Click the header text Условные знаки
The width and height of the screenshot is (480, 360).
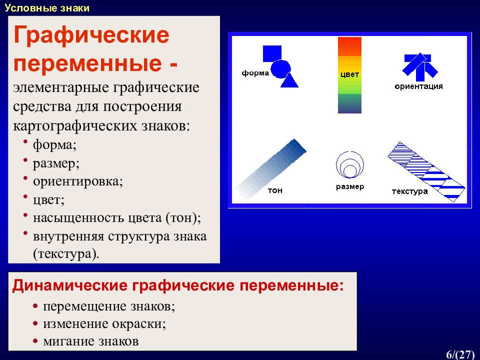pos(47,8)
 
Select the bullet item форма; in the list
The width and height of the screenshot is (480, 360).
pos(54,144)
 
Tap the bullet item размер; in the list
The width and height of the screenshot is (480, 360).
pos(56,163)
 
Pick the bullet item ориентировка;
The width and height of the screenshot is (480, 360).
pos(78,181)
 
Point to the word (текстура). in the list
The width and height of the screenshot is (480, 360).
pos(66,254)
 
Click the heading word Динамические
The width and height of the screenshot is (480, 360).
pos(70,286)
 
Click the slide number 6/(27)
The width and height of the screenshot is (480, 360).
pos(460,354)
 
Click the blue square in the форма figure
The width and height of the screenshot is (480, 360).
pos(272,54)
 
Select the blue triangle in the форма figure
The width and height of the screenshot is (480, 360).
pos(289,80)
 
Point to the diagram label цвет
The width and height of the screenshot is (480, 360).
pos(349,74)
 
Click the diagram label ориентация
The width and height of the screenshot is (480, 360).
pos(419,86)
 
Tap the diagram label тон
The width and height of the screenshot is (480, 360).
pos(275,190)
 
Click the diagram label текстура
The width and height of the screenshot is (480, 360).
pos(410,191)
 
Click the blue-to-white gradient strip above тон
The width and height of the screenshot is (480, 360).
pos(270,169)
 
